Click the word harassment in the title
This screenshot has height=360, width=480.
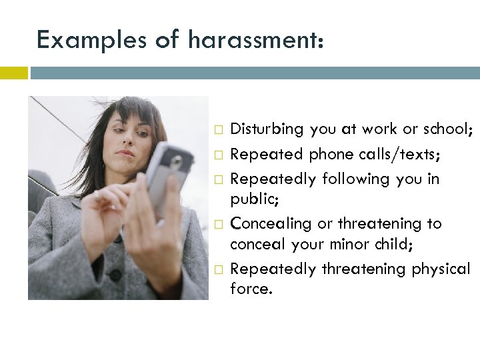(257, 40)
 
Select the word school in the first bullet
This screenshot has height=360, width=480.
(448, 129)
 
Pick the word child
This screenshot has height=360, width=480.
(394, 244)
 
